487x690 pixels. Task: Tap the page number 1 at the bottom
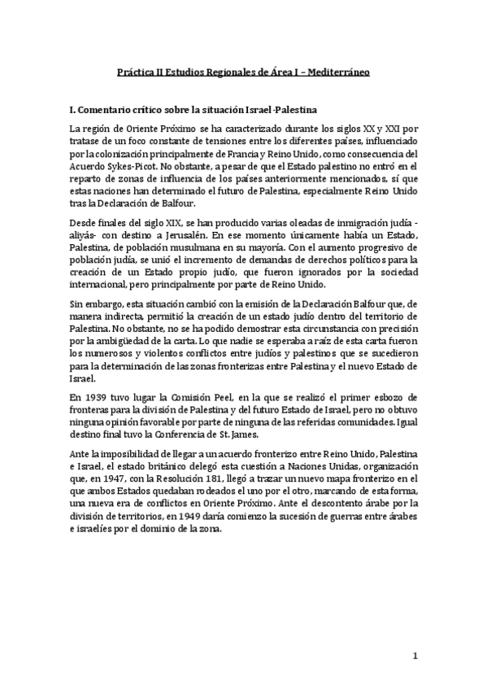click(415, 656)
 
